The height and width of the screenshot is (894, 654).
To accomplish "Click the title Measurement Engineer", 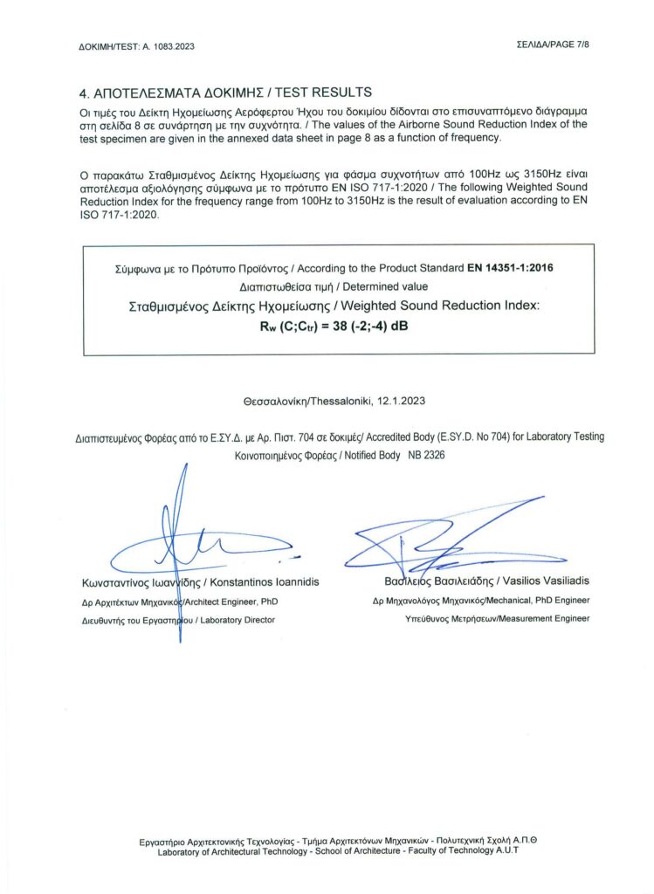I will tap(540, 618).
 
